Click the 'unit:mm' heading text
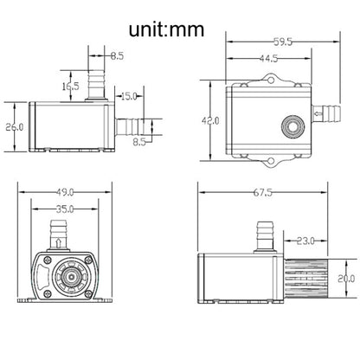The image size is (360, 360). [x=166, y=29]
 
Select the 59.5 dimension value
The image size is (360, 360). [x=283, y=42]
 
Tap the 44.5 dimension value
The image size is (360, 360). [x=268, y=59]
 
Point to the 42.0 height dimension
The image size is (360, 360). [x=210, y=120]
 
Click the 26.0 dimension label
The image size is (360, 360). [x=15, y=127]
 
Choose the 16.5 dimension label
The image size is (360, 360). [x=71, y=86]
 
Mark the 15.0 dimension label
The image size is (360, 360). [x=129, y=96]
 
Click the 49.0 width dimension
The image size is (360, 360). [x=65, y=192]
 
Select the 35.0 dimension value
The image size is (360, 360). [x=65, y=209]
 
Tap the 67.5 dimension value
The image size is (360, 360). [x=263, y=192]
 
